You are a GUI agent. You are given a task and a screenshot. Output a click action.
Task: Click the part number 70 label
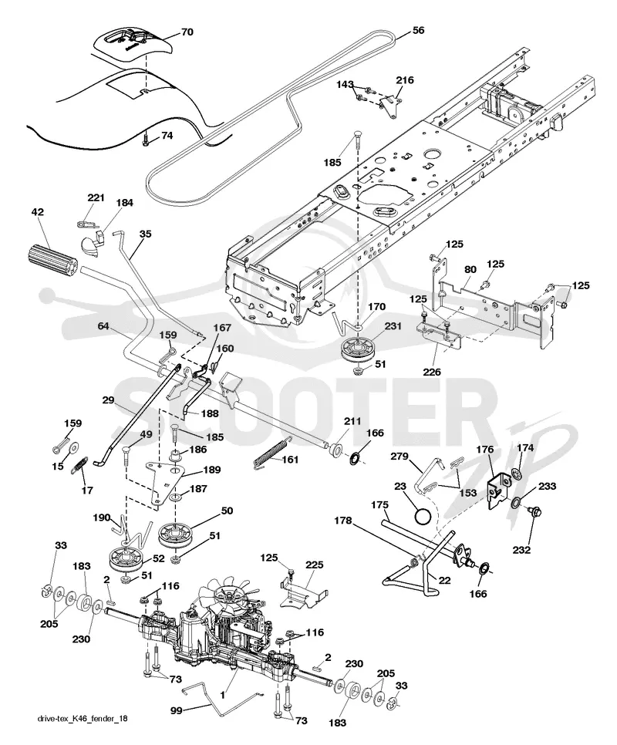[x=187, y=32]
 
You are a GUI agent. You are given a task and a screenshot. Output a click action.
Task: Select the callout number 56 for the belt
[x=418, y=30]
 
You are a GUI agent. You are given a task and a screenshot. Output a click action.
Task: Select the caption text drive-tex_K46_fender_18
[x=83, y=719]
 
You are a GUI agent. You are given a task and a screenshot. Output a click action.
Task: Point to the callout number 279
[x=400, y=457]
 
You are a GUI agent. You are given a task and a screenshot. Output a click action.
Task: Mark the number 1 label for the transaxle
[x=222, y=695]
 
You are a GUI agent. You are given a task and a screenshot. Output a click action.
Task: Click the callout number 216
[x=405, y=80]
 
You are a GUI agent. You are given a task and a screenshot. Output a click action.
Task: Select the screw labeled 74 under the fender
[x=147, y=140]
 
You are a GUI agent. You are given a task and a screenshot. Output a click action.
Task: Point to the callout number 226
[x=433, y=372]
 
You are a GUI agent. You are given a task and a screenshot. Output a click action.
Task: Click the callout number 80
[x=470, y=270]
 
